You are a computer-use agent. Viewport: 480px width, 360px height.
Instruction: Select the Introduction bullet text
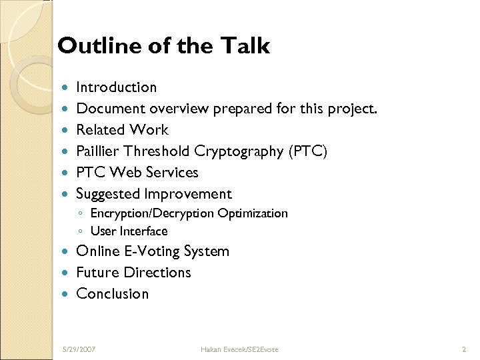point(117,87)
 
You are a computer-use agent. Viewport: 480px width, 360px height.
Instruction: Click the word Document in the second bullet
point(111,109)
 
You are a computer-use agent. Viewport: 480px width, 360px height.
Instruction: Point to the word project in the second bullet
point(351,109)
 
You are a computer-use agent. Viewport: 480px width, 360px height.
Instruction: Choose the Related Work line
point(122,130)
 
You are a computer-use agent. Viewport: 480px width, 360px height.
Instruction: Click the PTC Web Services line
point(137,173)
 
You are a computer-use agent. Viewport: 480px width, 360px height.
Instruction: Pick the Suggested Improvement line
point(154,194)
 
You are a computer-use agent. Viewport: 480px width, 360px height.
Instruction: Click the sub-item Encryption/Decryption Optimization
point(189,213)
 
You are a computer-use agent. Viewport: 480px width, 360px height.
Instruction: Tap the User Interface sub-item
point(129,231)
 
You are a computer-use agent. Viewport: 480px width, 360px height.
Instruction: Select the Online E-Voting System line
point(153,251)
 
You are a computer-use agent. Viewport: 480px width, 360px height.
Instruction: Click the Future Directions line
point(133,273)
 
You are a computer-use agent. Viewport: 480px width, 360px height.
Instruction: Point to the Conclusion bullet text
point(113,294)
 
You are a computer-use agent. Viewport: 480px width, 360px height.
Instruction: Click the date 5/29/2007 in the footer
point(79,349)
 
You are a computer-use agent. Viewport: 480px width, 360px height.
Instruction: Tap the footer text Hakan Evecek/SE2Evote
point(241,349)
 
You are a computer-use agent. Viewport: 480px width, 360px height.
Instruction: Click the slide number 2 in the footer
point(463,349)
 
